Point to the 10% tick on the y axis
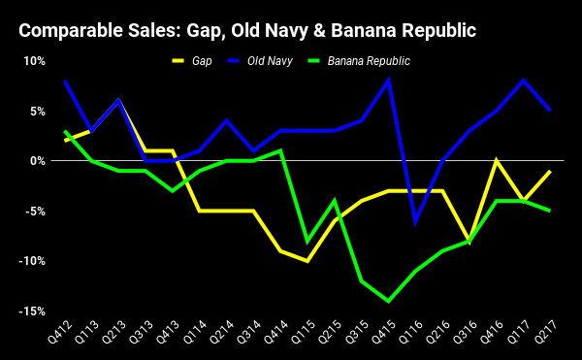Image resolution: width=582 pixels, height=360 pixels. coord(34,60)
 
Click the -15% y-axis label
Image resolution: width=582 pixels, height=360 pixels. coord(32,311)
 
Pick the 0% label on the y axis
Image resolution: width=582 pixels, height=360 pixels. coord(37,161)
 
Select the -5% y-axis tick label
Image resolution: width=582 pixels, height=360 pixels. coord(34,211)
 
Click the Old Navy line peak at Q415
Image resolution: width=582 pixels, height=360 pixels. coord(388,81)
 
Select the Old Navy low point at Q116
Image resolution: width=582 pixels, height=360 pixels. coord(415,221)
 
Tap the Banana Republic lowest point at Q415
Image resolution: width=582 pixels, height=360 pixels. coord(388,301)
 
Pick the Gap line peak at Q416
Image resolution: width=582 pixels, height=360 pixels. coord(497,161)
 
